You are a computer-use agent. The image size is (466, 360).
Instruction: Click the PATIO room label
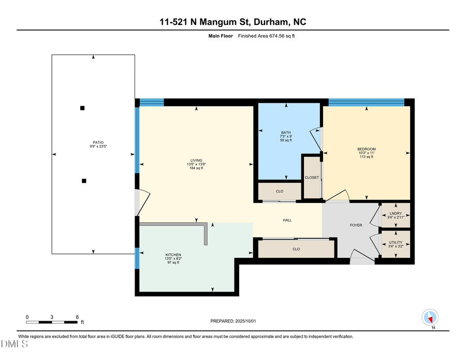(x=94, y=143)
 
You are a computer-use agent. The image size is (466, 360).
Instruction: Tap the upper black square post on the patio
(x=82, y=108)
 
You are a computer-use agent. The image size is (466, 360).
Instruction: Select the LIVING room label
(x=196, y=161)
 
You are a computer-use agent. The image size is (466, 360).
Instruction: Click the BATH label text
(x=286, y=133)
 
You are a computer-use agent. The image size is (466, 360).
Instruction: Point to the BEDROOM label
(x=366, y=149)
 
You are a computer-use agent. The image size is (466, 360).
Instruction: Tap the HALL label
(x=287, y=220)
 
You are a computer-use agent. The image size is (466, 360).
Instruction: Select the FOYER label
(x=356, y=225)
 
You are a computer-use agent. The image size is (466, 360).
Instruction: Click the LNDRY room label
(x=396, y=213)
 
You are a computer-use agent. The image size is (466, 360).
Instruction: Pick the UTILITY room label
(x=396, y=242)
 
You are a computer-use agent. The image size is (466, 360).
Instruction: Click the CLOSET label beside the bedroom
(x=312, y=178)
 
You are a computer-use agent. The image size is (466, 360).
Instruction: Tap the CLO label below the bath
(x=280, y=192)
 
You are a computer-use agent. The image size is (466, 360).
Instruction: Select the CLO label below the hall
(x=296, y=249)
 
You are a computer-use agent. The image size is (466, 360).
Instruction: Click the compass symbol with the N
(x=431, y=318)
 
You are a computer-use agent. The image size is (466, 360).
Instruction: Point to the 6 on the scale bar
(x=77, y=316)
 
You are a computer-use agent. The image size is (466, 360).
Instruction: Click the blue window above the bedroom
(x=366, y=102)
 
